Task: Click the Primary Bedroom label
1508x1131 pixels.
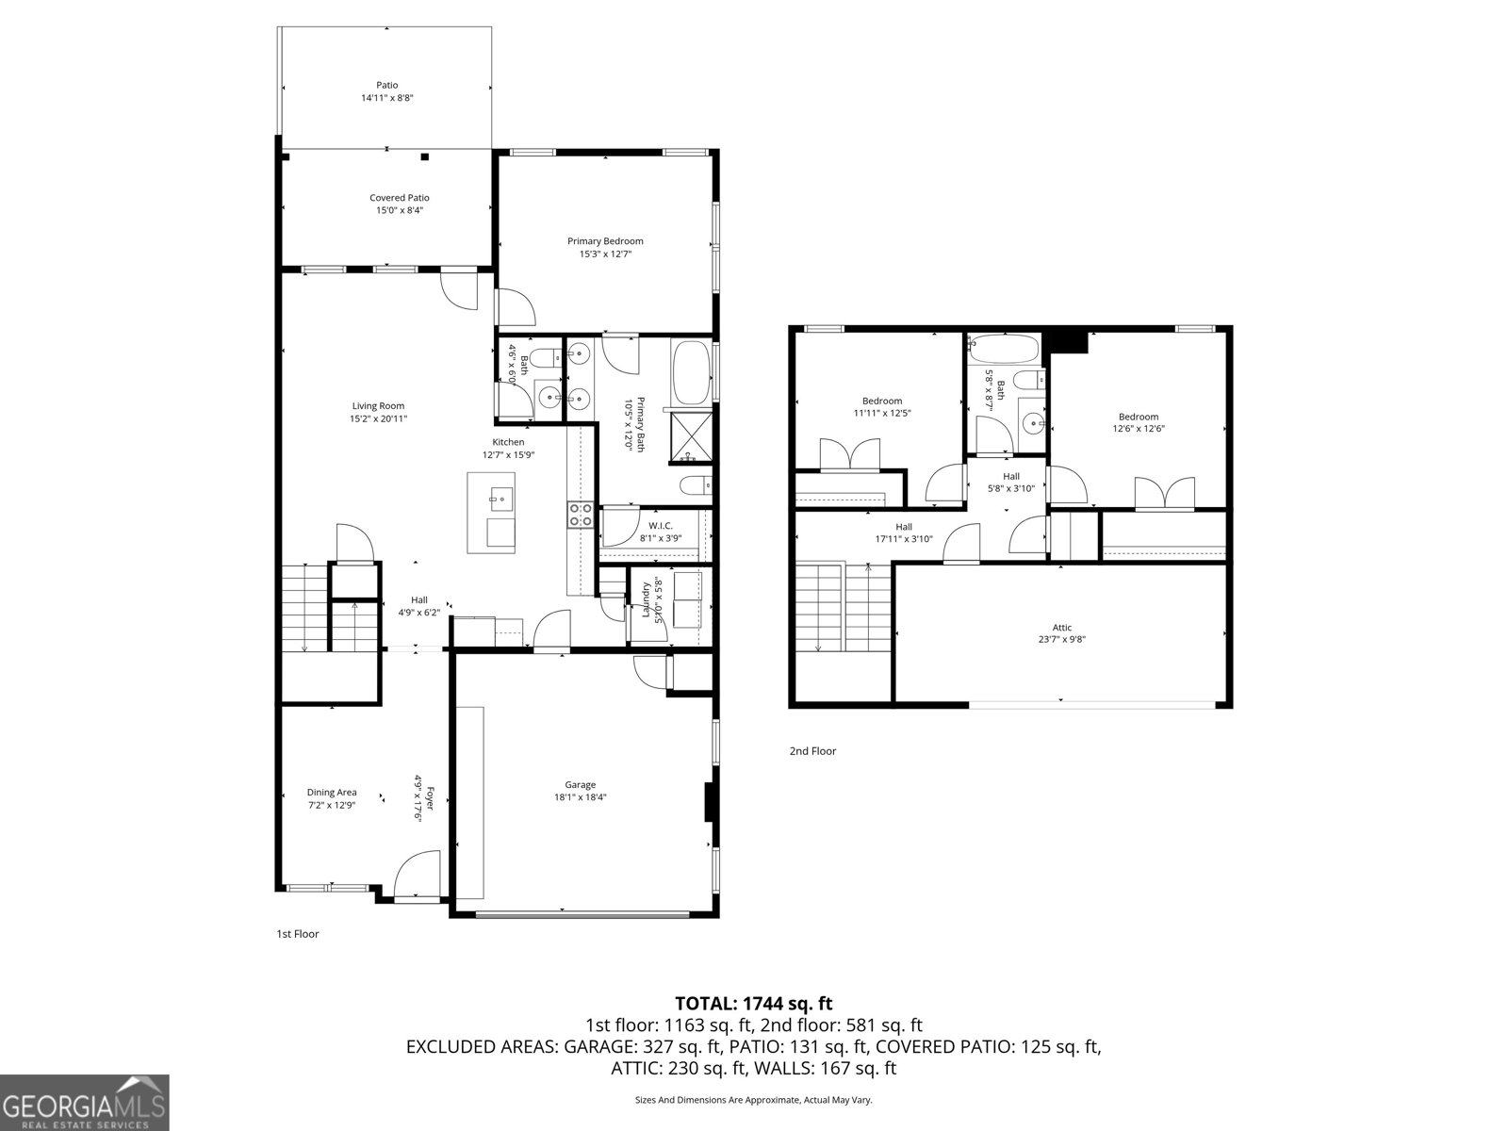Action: coord(605,241)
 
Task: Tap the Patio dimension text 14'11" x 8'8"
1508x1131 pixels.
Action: coord(386,98)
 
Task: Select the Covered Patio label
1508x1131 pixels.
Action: coord(399,198)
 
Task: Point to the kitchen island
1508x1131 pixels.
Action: coord(492,513)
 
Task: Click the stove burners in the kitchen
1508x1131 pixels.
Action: coord(580,515)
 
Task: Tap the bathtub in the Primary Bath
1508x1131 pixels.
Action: coord(691,371)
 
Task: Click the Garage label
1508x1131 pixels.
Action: coord(580,784)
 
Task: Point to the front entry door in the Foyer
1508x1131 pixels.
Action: coord(418,874)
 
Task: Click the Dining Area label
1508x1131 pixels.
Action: coord(332,793)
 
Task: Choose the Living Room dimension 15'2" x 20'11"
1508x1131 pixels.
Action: coord(378,419)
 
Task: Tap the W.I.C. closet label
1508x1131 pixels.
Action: coord(660,526)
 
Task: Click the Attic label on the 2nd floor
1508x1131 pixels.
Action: coord(1061,628)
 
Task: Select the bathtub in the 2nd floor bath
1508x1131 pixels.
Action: coord(1003,349)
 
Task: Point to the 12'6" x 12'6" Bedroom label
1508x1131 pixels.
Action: coord(1138,417)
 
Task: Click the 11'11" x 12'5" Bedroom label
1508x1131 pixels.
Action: coord(881,401)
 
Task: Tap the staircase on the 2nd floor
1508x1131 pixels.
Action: coord(843,608)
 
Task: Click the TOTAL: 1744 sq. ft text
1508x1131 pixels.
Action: coord(753,1004)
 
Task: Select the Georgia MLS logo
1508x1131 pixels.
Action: coord(85,1102)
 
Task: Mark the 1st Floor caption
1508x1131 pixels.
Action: coord(297,934)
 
